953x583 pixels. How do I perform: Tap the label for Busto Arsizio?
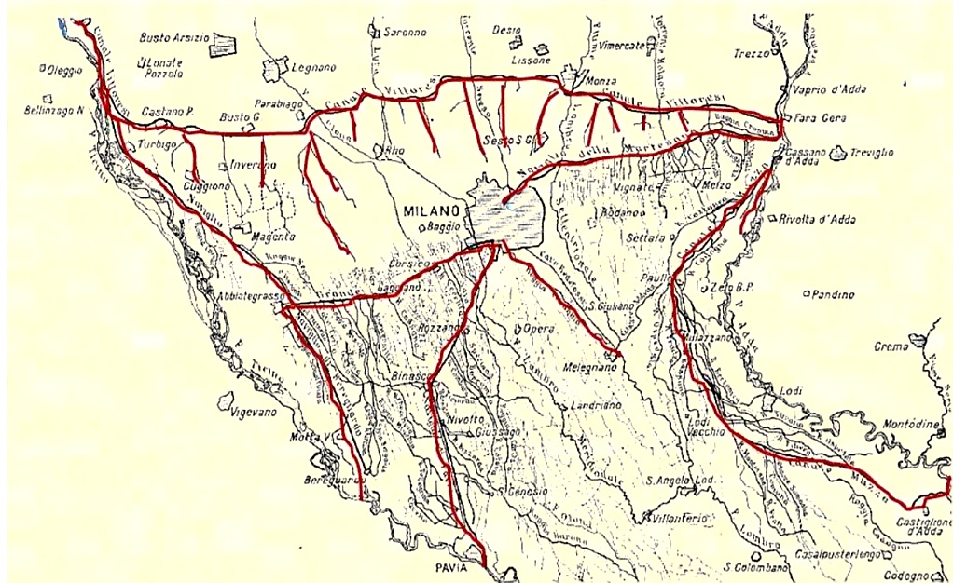(173, 38)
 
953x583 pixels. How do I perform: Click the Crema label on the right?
(891, 346)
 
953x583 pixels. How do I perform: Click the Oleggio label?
(65, 70)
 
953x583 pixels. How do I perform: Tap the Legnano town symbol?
(274, 71)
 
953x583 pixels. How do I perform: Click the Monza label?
(601, 82)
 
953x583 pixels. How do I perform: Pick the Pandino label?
(833, 294)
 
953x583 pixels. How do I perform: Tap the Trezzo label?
(751, 53)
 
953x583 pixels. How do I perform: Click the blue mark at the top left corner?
(62, 24)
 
